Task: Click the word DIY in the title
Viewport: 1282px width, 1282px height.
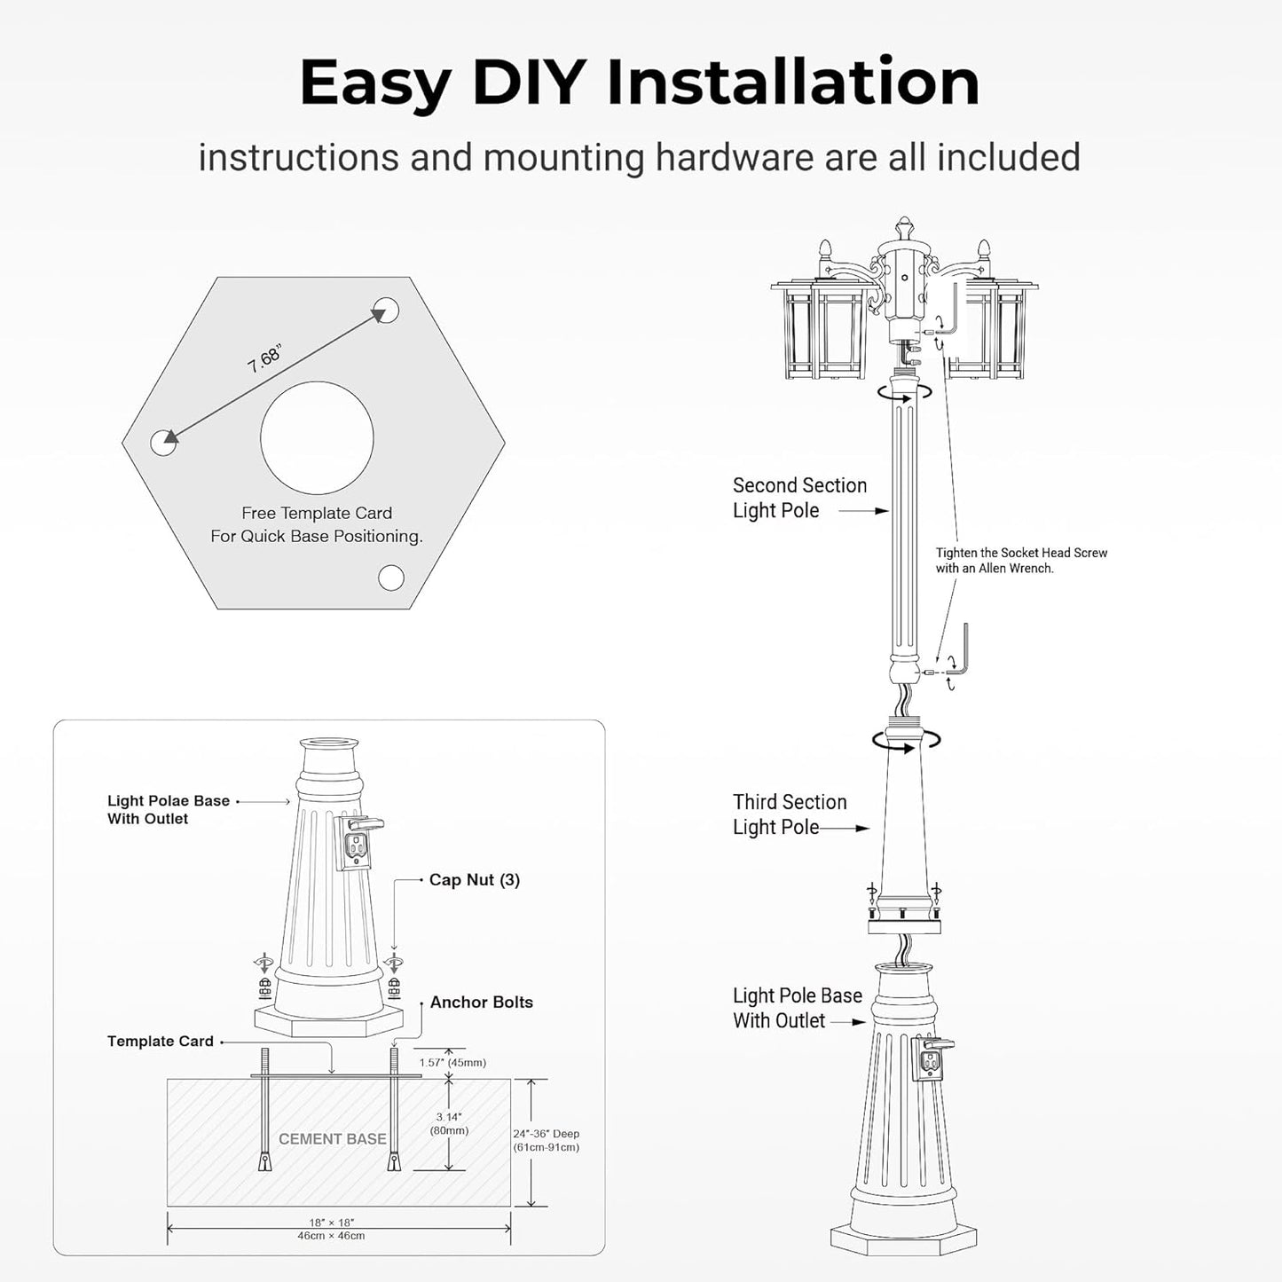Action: click(529, 82)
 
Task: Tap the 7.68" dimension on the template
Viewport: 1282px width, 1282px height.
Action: click(265, 358)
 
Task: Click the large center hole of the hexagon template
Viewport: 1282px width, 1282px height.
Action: click(317, 438)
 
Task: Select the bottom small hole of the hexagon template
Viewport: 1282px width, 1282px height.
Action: click(390, 578)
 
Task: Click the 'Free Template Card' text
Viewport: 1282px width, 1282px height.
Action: click(317, 513)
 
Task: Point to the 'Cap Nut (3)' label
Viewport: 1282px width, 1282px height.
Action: click(474, 880)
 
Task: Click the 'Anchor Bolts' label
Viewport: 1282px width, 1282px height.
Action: click(481, 1003)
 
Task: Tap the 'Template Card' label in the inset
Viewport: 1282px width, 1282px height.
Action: click(160, 1042)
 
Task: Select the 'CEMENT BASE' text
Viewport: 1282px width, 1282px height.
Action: click(332, 1139)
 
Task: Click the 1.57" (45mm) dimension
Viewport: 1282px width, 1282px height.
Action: click(452, 1063)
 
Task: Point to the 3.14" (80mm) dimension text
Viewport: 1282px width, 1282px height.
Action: click(449, 1124)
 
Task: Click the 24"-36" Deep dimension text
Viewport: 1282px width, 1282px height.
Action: click(546, 1140)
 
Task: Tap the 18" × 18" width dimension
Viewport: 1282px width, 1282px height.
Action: click(331, 1229)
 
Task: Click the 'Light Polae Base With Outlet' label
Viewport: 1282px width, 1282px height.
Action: click(168, 809)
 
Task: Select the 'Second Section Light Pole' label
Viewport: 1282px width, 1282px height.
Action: click(798, 498)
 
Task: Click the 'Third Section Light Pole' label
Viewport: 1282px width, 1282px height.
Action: click(789, 814)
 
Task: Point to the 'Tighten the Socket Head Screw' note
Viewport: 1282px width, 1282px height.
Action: click(1020, 560)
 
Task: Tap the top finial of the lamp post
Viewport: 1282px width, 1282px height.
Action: click(904, 227)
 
